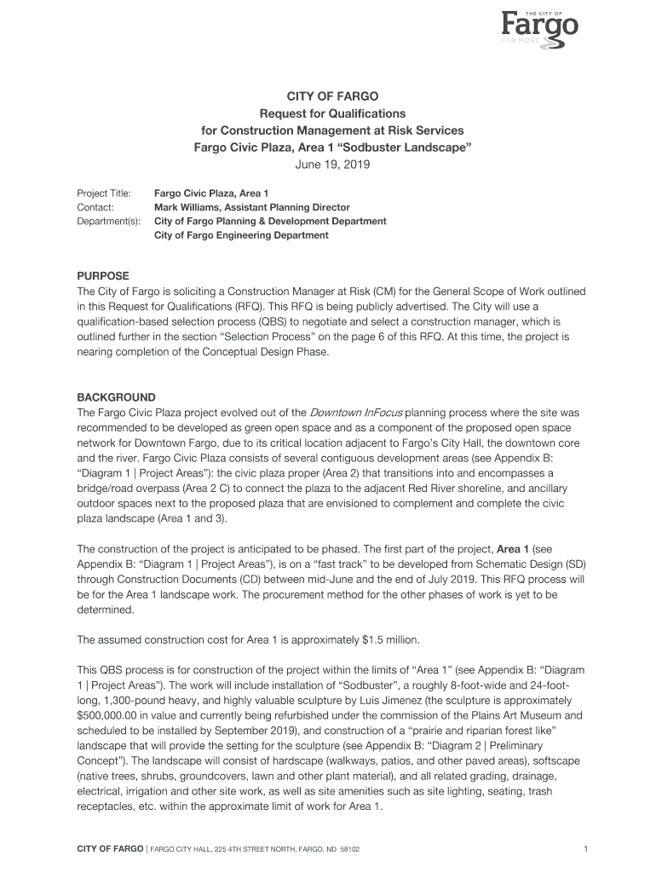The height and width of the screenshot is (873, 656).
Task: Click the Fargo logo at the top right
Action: point(538,26)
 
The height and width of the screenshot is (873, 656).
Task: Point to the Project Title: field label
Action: point(104,194)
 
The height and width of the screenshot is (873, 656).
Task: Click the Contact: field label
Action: point(95,207)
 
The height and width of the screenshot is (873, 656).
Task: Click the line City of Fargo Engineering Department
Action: point(241,235)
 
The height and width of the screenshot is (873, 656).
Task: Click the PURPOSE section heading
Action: point(103,276)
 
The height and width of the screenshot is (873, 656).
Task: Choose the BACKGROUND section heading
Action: point(117,397)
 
